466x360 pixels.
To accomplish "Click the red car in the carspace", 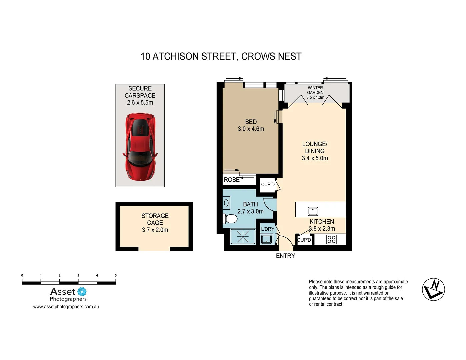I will (140, 147).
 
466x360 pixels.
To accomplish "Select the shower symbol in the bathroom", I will (243, 237).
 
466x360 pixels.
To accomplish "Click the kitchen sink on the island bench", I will (313, 211).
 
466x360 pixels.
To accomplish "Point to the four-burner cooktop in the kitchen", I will (331, 239).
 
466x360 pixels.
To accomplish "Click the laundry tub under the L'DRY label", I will (266, 239).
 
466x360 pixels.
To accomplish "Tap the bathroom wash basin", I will (226, 203).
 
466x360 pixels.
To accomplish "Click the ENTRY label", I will (285, 256).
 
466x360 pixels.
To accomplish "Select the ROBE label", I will (232, 180).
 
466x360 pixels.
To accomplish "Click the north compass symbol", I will (433, 289).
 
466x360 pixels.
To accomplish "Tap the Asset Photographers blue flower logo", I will (82, 292).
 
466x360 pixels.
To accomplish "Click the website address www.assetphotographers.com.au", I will (66, 307).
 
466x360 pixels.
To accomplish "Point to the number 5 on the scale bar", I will (116, 276).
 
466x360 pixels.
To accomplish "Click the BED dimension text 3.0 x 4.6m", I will (251, 129).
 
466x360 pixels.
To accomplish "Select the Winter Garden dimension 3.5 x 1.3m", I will (315, 98).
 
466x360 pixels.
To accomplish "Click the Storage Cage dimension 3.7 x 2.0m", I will (155, 230).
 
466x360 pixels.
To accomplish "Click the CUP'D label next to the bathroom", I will (268, 185).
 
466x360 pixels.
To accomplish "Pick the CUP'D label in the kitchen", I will (304, 240).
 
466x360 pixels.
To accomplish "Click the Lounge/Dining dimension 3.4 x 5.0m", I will (315, 158).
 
